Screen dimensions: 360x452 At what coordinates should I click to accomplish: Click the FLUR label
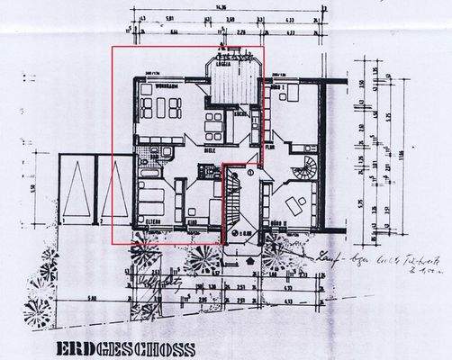269,145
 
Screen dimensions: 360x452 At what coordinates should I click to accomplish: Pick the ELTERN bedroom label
149,219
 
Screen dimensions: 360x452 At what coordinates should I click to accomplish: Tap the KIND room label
192,219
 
